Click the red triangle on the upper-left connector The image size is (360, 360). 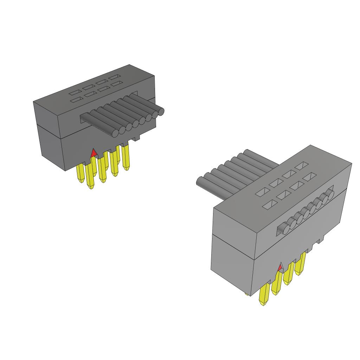94,153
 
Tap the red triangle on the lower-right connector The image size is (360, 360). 280,268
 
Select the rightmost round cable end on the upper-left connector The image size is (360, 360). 161,112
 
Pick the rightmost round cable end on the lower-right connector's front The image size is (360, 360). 330,193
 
